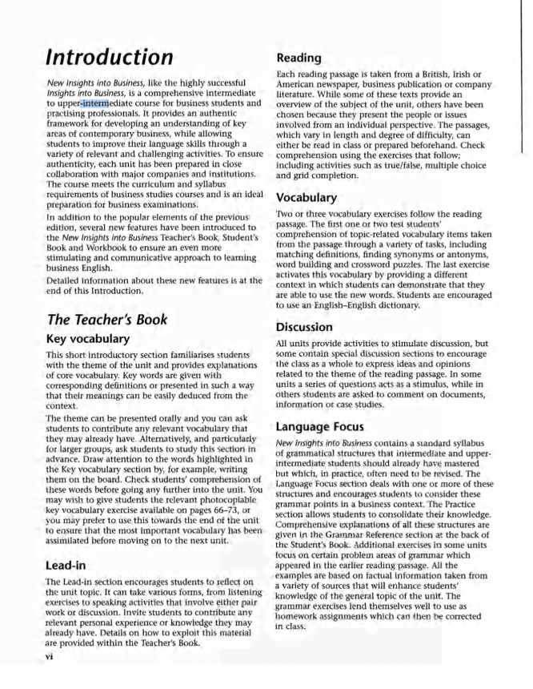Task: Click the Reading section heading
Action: pos(299,57)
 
